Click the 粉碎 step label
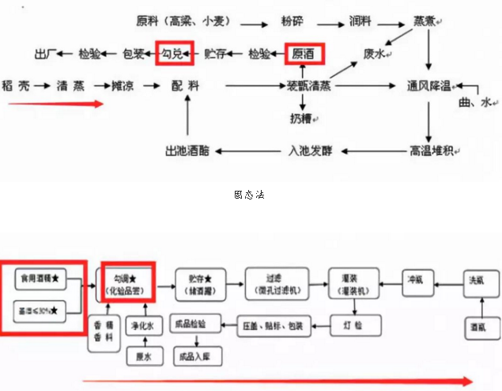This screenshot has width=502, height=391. pyautogui.click(x=293, y=19)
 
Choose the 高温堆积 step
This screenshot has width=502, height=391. pyautogui.click(x=431, y=150)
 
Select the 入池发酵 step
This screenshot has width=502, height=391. pyautogui.click(x=315, y=150)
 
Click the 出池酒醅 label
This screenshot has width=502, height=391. pyautogui.click(x=187, y=150)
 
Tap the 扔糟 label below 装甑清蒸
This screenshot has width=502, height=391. pyautogui.click(x=304, y=118)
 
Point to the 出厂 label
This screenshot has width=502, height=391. pyautogui.click(x=47, y=54)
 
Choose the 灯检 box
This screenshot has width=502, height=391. pyautogui.click(x=352, y=324)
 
